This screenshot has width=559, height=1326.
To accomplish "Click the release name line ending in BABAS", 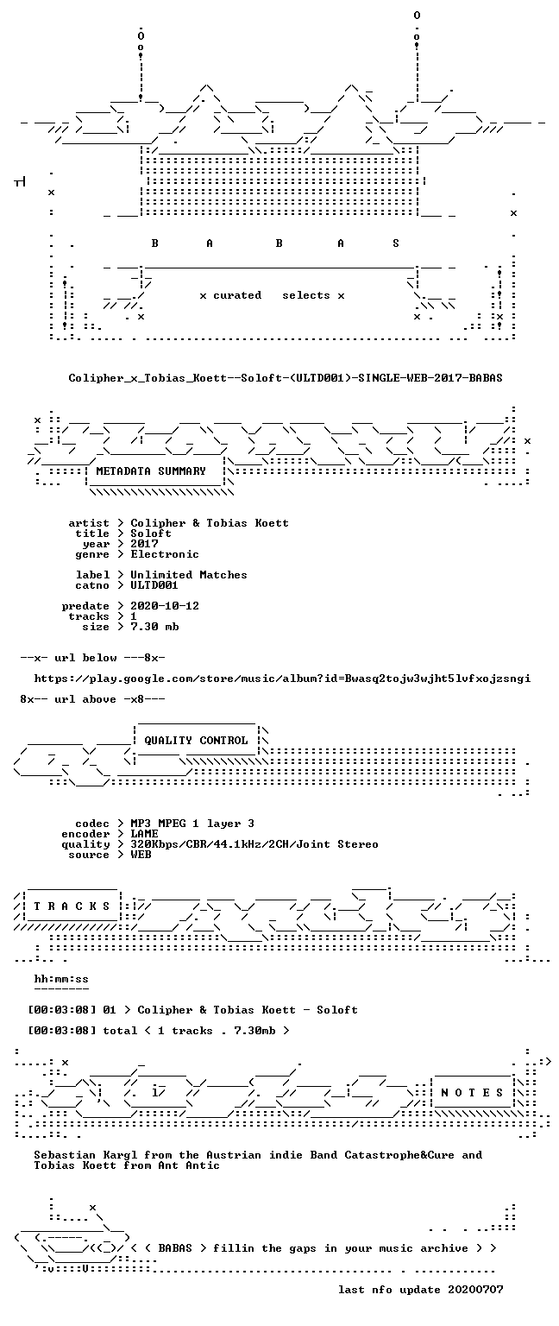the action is coord(286,377).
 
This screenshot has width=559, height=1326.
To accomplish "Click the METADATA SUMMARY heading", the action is coord(151,471).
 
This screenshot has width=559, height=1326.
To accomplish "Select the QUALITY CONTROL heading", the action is coord(196,741).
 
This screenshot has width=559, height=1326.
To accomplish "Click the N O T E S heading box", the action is coord(472,1093).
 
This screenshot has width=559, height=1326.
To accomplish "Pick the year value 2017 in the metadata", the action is coord(144,543).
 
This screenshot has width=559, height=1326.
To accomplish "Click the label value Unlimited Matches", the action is coord(189,575).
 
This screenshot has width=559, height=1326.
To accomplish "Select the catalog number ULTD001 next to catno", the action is coord(154,584).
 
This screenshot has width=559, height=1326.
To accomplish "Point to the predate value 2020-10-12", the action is coord(165,605).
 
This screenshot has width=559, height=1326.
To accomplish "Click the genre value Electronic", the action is coord(165,554).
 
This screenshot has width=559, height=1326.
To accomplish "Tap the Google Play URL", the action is coord(282,679).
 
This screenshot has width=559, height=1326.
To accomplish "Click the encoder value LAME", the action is coord(144,833).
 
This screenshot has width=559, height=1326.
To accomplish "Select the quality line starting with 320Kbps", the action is coord(254,844).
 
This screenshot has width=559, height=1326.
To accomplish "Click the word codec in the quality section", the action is coord(92,824).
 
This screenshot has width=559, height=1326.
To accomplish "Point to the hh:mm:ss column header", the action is coord(61,979).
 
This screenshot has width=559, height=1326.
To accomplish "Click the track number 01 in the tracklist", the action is coord(110,1010).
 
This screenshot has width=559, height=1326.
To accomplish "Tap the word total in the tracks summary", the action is coord(120,1031).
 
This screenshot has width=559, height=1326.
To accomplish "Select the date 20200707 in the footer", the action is coord(475,1289).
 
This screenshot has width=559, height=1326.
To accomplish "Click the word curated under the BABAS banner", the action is coord(237,294).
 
